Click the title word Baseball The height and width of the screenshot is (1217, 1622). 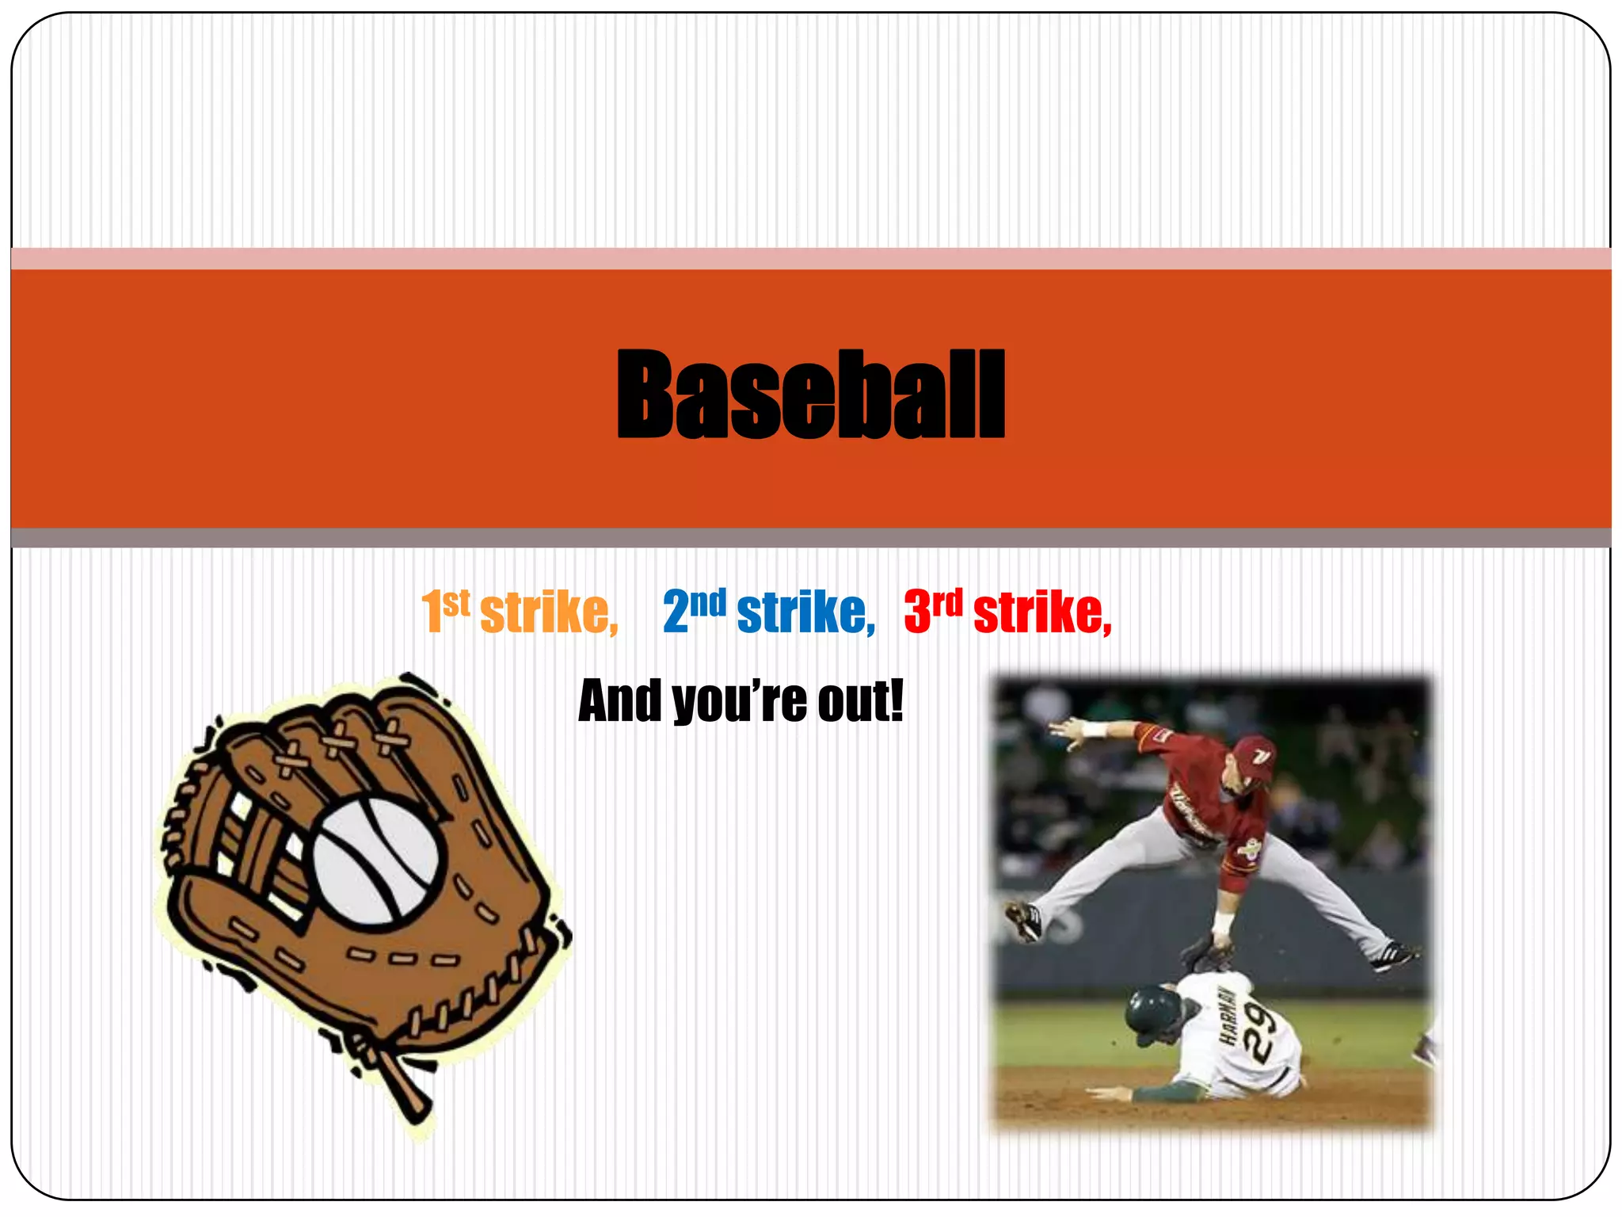tap(810, 394)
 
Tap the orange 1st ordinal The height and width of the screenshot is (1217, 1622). tap(445, 611)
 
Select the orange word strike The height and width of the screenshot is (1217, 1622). tap(548, 612)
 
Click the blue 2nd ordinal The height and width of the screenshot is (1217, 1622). tap(694, 611)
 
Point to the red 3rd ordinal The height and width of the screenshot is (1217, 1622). tap(933, 611)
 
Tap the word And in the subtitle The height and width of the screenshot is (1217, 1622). tap(619, 701)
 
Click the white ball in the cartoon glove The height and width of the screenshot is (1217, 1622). tap(375, 860)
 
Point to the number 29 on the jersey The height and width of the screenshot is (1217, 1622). tap(1260, 1029)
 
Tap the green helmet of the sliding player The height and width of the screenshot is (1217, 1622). tap(1153, 1010)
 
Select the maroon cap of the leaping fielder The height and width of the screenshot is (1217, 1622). tap(1254, 756)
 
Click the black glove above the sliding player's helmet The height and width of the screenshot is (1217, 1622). tap(1205, 953)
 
